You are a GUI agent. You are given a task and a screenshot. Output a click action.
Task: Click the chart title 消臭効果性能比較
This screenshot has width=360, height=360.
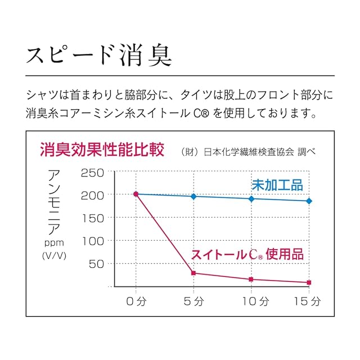click(102, 150)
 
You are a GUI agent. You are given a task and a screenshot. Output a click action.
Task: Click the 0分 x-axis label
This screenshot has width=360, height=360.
click(136, 302)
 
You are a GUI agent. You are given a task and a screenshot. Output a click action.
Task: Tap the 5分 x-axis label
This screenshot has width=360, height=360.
click(193, 302)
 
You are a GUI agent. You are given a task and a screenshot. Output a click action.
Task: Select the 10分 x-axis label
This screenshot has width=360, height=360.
click(251, 302)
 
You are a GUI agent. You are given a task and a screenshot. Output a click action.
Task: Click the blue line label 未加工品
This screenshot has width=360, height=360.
click(277, 184)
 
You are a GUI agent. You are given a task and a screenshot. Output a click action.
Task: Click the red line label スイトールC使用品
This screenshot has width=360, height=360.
click(247, 254)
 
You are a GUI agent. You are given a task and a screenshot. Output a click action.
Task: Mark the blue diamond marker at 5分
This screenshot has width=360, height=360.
click(193, 196)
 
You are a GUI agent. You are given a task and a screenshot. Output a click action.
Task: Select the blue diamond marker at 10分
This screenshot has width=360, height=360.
click(251, 199)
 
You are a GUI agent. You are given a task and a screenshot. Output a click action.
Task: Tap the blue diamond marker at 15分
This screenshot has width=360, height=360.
click(309, 201)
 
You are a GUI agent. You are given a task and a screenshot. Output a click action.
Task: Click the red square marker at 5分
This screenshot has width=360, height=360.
click(193, 273)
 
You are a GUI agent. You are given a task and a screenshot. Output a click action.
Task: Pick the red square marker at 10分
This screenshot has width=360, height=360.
click(251, 279)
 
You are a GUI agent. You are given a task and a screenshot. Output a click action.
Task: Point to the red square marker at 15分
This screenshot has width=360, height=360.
click(309, 282)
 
